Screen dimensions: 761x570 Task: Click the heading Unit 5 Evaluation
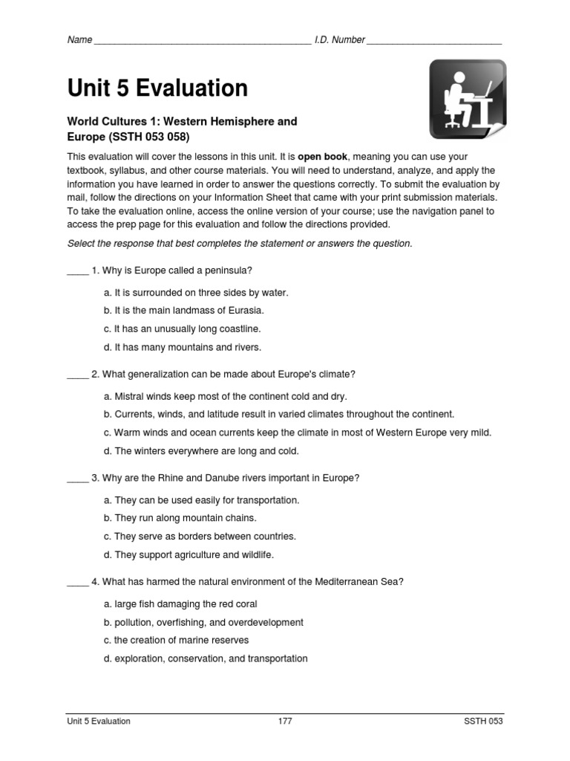click(157, 88)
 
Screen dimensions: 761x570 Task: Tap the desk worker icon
click(468, 100)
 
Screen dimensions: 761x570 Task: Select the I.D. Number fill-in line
click(434, 41)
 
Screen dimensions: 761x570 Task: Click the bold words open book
click(323, 158)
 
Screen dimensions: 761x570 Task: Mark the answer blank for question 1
click(77, 271)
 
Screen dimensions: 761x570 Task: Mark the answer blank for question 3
click(77, 479)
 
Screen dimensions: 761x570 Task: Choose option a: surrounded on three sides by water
click(196, 293)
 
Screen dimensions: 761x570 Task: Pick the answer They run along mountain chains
click(180, 518)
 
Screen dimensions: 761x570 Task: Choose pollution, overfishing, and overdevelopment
click(203, 622)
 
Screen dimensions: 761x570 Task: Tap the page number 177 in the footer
click(284, 721)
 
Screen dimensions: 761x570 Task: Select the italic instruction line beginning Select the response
click(239, 244)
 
